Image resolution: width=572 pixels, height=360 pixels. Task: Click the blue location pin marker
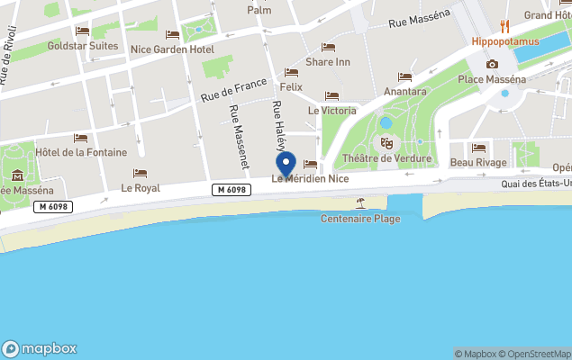[x=286, y=165]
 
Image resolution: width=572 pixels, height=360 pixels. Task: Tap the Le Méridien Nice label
[x=310, y=179]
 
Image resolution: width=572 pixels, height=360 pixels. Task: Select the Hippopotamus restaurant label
[x=505, y=41]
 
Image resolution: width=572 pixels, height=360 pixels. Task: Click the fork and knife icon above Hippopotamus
[x=505, y=26]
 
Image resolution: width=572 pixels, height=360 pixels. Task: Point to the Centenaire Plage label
[x=360, y=219]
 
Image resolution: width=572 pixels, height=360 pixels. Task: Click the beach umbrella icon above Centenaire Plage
[x=360, y=203]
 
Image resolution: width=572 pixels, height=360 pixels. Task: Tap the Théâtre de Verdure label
[x=386, y=159]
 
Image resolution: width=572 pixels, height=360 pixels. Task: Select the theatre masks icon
[x=386, y=143]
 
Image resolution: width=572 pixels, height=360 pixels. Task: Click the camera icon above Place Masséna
[x=492, y=64]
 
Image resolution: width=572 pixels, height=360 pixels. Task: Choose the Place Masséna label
[x=492, y=79]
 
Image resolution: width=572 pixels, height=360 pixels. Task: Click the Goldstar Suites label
[x=82, y=46]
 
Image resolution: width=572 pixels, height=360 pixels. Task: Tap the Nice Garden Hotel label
[x=172, y=49]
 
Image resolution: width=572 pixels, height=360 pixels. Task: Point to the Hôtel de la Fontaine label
[x=81, y=152]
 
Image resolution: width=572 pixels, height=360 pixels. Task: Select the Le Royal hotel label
[x=140, y=188]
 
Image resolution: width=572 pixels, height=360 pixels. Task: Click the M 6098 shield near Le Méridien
[x=232, y=189]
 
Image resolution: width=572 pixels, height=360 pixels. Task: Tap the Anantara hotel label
[x=404, y=91]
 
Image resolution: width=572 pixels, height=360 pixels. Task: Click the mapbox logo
[x=40, y=348]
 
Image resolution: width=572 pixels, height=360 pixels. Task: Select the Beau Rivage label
[x=478, y=162]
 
